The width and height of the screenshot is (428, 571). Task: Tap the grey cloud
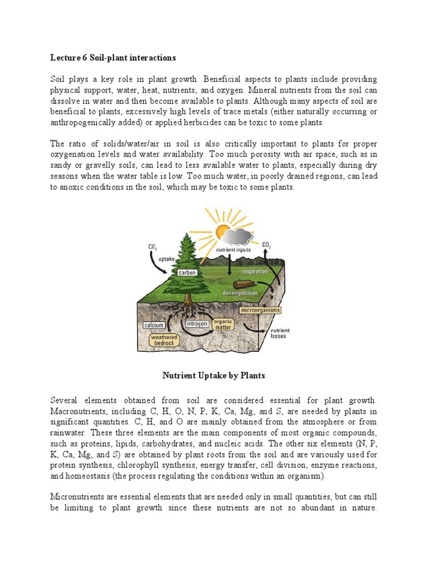(239, 237)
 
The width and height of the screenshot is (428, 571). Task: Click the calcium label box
(153, 325)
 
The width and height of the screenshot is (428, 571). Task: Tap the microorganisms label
(260, 309)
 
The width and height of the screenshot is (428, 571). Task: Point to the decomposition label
(240, 292)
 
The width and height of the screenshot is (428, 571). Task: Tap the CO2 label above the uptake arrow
(153, 246)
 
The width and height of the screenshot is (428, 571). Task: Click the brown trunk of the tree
(188, 302)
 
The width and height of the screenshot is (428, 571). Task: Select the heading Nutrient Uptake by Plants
(213, 376)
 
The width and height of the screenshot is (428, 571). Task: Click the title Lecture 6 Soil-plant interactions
(113, 57)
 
